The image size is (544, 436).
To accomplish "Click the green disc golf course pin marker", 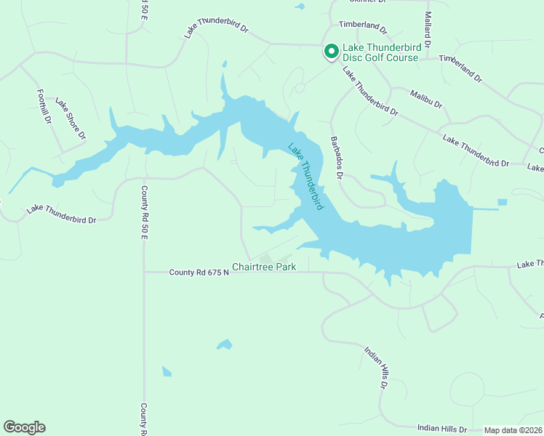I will pos(331,51).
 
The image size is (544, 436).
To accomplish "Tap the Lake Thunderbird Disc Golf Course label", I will pos(380,53).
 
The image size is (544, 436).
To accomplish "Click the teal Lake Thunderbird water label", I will pos(305,177).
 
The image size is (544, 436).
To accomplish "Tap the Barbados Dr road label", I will pos(336,156).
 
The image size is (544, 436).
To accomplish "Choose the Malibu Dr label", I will pos(425,99).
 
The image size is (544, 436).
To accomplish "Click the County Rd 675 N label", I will pos(199,272).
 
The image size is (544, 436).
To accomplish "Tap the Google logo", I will pos(24,427).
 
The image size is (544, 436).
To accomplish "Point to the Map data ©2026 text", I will pos(513,430).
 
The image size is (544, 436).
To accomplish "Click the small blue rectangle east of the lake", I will pos(502,202).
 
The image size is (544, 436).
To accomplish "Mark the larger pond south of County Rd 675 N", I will pos(224,344).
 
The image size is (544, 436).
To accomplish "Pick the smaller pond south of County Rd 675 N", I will pos(167,371).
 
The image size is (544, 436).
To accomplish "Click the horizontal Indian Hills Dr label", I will pos(442,429).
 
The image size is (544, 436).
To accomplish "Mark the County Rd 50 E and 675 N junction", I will pos(145,272).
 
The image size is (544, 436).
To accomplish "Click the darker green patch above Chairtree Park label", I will pos(265,258).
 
